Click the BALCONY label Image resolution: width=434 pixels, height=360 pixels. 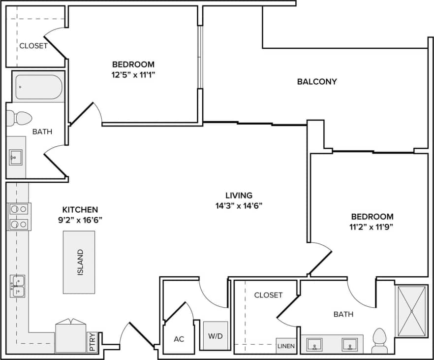(317, 82)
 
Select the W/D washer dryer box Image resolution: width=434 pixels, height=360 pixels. (216, 336)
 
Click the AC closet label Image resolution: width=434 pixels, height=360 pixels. (179, 339)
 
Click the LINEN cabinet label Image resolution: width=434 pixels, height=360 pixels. (286, 346)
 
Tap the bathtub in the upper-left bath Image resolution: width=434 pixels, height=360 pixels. (38, 87)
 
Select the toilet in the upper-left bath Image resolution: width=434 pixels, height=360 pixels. (18, 119)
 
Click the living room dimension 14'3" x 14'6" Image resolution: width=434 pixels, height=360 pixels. (239, 206)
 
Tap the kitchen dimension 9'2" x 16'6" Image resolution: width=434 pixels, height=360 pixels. (80, 220)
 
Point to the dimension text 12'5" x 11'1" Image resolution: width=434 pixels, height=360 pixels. (133, 75)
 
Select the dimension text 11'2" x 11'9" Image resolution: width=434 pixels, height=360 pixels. (372, 227)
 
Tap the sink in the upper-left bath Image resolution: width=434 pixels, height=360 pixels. (16, 158)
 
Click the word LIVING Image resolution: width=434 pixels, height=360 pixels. (239, 195)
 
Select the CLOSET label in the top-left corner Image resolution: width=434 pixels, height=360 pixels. (33, 46)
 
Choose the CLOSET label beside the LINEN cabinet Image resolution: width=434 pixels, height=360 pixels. (268, 295)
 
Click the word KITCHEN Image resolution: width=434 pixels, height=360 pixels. (80, 209)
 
